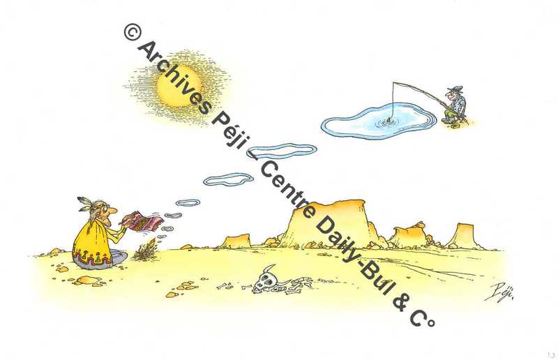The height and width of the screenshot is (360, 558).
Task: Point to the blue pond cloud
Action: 379,121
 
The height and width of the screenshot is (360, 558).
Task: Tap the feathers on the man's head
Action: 84,203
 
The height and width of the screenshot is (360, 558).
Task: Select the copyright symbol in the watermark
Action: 133,31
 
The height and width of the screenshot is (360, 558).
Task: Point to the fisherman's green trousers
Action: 451,114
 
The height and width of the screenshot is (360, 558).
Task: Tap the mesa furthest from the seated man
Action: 465,236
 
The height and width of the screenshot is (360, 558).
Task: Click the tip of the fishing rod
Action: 393,82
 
